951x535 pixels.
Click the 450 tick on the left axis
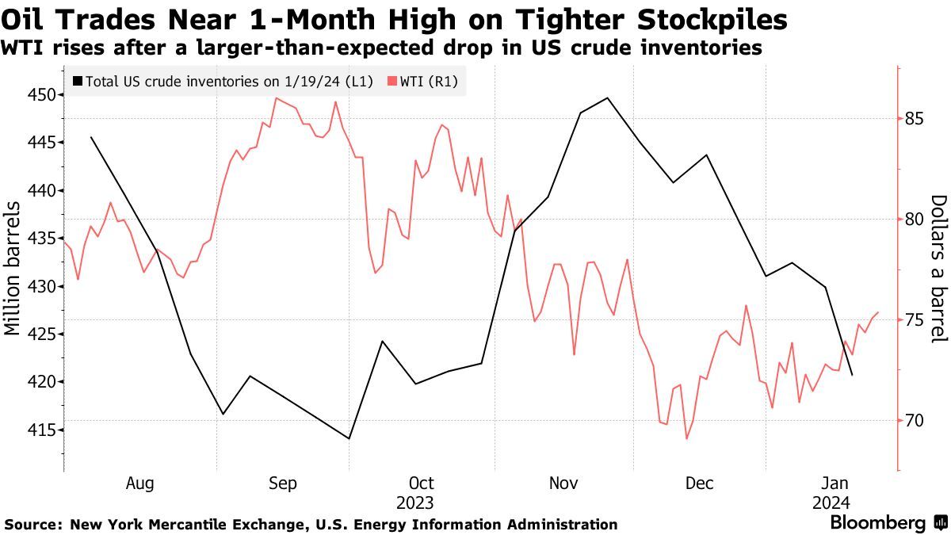(x=40, y=95)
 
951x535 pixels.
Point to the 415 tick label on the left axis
(x=40, y=430)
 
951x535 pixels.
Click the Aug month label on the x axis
(x=140, y=483)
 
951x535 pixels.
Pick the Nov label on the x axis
(x=563, y=483)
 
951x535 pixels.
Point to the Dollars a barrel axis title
(x=938, y=269)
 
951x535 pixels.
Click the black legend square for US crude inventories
(x=76, y=81)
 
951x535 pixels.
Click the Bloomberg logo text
(x=878, y=522)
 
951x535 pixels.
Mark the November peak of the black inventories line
(x=607, y=98)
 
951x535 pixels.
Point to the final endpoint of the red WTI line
(x=878, y=312)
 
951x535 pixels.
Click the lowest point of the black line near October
(x=349, y=438)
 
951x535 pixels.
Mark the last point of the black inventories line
(x=852, y=375)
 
